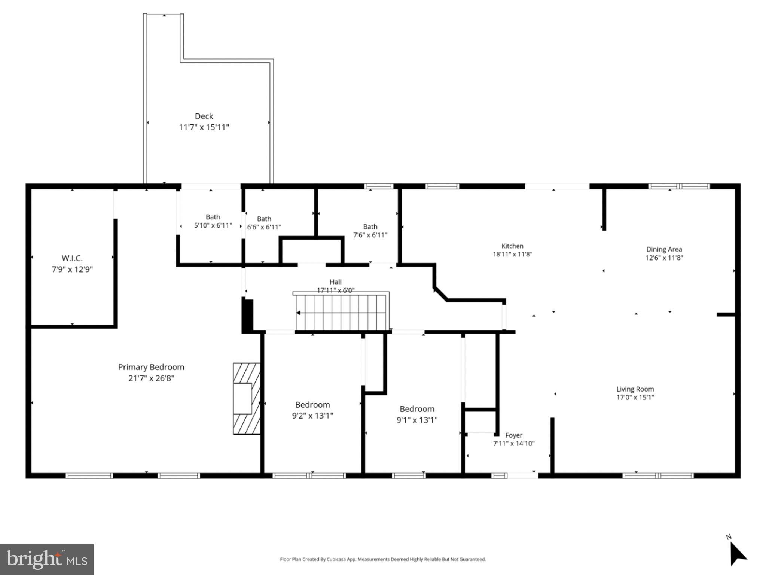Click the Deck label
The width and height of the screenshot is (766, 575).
(x=204, y=116)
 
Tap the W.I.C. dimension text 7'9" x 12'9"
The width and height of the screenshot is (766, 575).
(x=72, y=269)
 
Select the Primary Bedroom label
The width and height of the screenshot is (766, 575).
(x=151, y=367)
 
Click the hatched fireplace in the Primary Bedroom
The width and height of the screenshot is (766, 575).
(x=247, y=398)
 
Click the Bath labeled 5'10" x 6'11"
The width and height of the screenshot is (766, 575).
(x=213, y=221)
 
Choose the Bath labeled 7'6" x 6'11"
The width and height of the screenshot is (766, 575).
(x=370, y=231)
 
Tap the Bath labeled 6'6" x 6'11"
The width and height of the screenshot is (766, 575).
(x=264, y=223)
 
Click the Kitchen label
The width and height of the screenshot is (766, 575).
(x=512, y=246)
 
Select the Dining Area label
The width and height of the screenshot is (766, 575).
(x=664, y=249)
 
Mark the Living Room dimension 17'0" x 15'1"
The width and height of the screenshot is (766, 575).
(x=635, y=398)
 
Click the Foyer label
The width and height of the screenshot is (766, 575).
(x=513, y=435)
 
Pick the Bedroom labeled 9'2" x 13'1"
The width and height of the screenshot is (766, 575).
(x=312, y=410)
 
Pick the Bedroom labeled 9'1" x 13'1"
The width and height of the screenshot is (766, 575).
(x=417, y=414)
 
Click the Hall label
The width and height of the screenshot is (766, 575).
(x=335, y=282)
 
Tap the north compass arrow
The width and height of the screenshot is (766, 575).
(x=737, y=556)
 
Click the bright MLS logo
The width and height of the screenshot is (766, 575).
(x=47, y=559)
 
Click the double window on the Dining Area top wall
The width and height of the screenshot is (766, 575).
(x=679, y=186)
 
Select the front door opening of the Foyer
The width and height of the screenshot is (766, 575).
(x=522, y=476)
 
